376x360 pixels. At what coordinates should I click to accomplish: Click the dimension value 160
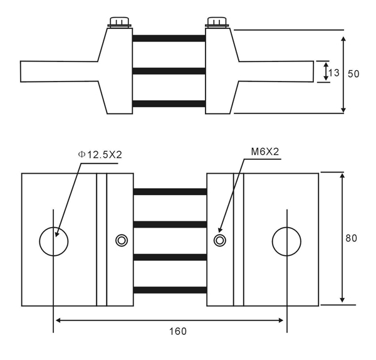tap(178, 331)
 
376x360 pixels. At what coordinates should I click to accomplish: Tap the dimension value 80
tap(352, 238)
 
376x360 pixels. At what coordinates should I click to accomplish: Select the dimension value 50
tap(353, 73)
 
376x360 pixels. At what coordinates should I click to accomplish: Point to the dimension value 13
tap(334, 73)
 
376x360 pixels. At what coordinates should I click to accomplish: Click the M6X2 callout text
tap(264, 152)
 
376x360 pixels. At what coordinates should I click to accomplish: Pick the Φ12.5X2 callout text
tap(100, 155)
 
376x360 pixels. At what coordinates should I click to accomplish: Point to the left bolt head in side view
tap(120, 23)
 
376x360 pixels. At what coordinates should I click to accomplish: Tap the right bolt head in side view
tap(217, 23)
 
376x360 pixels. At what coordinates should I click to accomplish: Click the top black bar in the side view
tap(169, 38)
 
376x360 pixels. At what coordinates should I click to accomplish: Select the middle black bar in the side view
tap(169, 71)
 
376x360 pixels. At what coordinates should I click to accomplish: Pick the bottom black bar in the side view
tap(169, 103)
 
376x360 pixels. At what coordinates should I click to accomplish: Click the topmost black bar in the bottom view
tap(170, 191)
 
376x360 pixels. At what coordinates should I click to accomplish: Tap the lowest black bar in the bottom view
tap(170, 290)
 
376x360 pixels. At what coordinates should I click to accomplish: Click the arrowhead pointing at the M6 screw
tap(220, 229)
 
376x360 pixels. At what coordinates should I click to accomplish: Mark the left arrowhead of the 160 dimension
tap(58, 320)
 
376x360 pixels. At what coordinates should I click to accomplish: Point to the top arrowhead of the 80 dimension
tap(342, 177)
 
